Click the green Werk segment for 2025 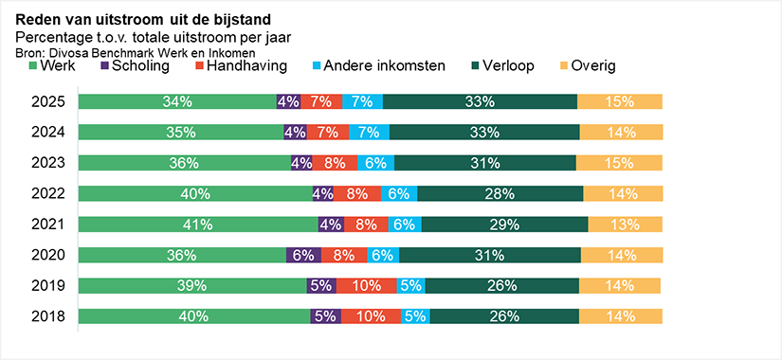[177, 101]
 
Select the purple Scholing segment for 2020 [303, 255]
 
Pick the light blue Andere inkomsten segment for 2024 [369, 132]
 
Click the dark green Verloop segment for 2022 [500, 193]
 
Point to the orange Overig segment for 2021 [625, 225]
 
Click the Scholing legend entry [135, 66]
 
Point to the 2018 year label [48, 316]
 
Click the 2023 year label [48, 163]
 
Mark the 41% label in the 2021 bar [198, 225]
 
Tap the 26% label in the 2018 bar [504, 316]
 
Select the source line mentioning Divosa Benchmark [136, 52]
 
